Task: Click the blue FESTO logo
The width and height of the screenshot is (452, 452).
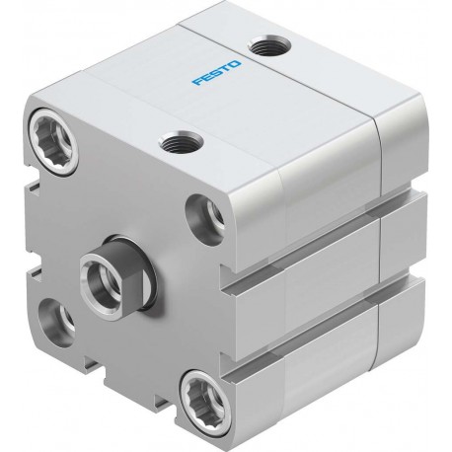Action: pos(216,73)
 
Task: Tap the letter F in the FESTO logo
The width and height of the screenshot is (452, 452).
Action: pos(197,81)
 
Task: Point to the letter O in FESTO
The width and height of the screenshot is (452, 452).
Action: pos(235,64)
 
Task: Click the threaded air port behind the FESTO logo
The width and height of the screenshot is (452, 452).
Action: pos(269,45)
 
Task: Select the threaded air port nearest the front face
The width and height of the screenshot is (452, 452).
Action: pos(181,142)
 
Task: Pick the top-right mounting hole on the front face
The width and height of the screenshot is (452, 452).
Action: pos(205,219)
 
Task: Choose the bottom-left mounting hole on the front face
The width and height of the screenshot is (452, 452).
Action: pos(56,323)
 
